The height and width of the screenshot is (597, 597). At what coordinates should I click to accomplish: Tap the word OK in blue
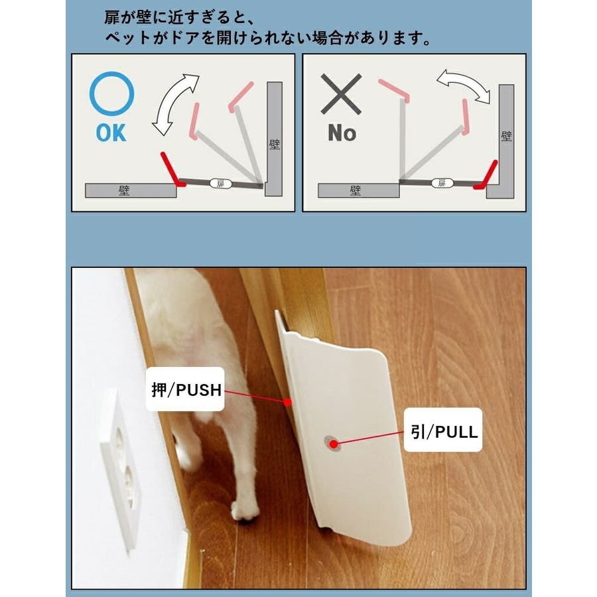point(111,133)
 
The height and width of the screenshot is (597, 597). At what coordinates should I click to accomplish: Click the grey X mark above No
point(341,94)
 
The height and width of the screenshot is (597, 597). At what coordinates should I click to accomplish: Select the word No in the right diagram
point(342,133)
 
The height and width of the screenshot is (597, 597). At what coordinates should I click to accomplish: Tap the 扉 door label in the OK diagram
point(221,184)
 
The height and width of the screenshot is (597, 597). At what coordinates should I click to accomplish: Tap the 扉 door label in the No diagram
point(442,183)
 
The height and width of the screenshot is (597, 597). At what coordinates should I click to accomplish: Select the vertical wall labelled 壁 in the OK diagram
point(274,139)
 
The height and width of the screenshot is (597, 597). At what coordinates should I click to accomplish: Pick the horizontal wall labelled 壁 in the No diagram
point(358,190)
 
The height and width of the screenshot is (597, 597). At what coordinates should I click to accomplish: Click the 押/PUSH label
point(186,389)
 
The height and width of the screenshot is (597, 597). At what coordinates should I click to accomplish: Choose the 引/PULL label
point(443,430)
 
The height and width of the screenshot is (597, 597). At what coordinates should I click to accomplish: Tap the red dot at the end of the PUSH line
point(288,402)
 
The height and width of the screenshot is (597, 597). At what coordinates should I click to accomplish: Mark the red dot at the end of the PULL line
point(334,444)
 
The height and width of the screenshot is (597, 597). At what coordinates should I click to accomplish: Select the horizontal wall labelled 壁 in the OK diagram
point(131,190)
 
